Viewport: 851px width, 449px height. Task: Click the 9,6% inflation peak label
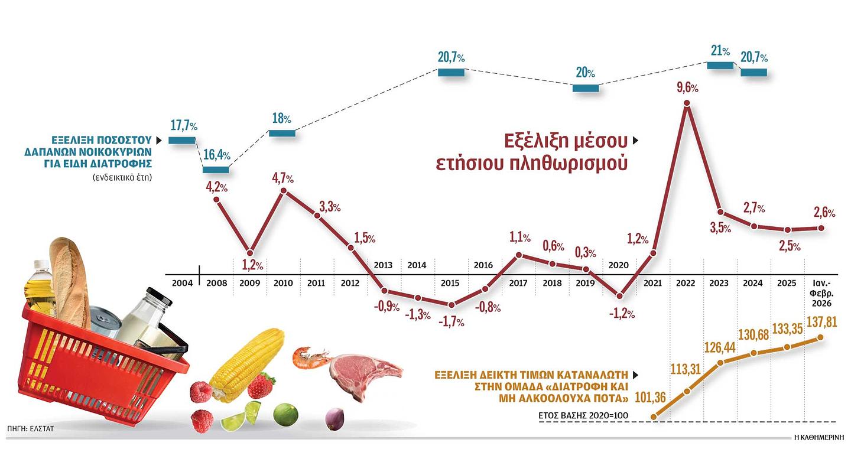687,89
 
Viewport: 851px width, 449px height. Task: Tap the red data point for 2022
687,104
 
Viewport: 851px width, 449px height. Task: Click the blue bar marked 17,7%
181,140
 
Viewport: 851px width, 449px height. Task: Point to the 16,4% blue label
217,156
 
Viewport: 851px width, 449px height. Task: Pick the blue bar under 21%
720,65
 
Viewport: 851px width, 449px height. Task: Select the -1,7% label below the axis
452,322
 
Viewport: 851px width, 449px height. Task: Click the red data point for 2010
283,191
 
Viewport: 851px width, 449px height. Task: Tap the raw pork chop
363,370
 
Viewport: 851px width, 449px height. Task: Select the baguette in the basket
69,278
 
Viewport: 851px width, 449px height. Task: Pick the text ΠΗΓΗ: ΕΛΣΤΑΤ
31,428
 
